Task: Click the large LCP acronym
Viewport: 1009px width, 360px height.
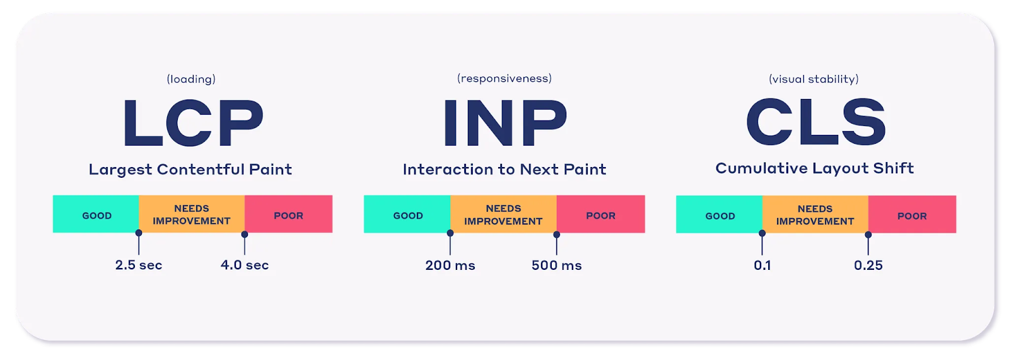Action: click(x=193, y=123)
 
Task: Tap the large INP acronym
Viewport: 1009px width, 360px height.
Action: click(x=505, y=123)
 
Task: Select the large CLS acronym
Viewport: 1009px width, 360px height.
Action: click(x=816, y=123)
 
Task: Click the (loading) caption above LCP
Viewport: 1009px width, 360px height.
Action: click(x=191, y=79)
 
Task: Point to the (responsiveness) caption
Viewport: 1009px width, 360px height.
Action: click(x=504, y=79)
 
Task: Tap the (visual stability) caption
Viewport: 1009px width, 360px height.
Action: click(x=814, y=79)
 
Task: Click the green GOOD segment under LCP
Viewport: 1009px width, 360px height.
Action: click(x=96, y=214)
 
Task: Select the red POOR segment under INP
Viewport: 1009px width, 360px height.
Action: click(x=601, y=214)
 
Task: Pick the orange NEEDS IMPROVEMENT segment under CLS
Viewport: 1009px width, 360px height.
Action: click(x=815, y=214)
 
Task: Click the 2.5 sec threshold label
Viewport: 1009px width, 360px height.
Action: click(x=139, y=265)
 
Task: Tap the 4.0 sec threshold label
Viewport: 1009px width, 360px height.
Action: click(x=245, y=265)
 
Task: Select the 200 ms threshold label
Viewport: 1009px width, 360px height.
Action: click(x=450, y=265)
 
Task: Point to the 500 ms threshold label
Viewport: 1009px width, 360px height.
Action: click(x=557, y=265)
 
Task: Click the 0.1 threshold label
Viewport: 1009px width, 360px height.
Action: click(x=762, y=265)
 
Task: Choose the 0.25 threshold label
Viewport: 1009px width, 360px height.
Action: click(x=868, y=265)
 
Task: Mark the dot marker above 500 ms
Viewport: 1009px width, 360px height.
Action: click(x=557, y=235)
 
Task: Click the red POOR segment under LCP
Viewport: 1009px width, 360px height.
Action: click(x=289, y=214)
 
